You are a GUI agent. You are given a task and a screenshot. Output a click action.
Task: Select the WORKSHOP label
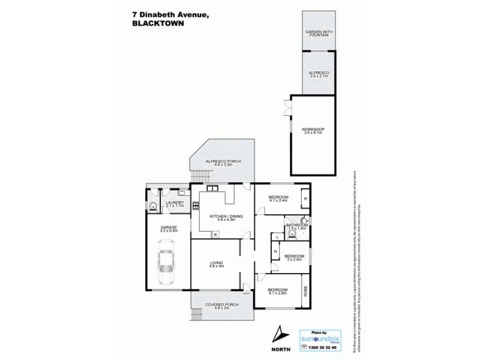[313, 130]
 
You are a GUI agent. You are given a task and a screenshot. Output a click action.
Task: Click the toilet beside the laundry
[153, 207]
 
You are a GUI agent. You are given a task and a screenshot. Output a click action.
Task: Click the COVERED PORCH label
[222, 305]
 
